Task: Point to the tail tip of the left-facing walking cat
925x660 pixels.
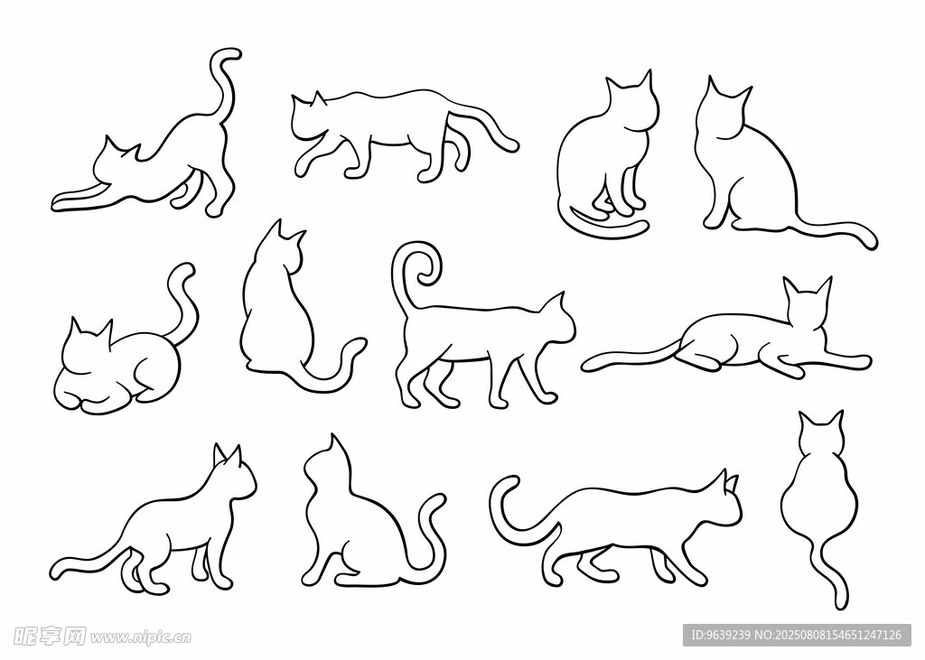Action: (512, 144)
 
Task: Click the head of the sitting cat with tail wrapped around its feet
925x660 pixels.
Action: (631, 100)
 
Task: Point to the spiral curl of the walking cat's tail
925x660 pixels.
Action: (419, 265)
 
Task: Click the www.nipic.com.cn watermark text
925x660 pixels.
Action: (141, 637)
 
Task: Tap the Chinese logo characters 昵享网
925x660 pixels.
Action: (50, 636)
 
